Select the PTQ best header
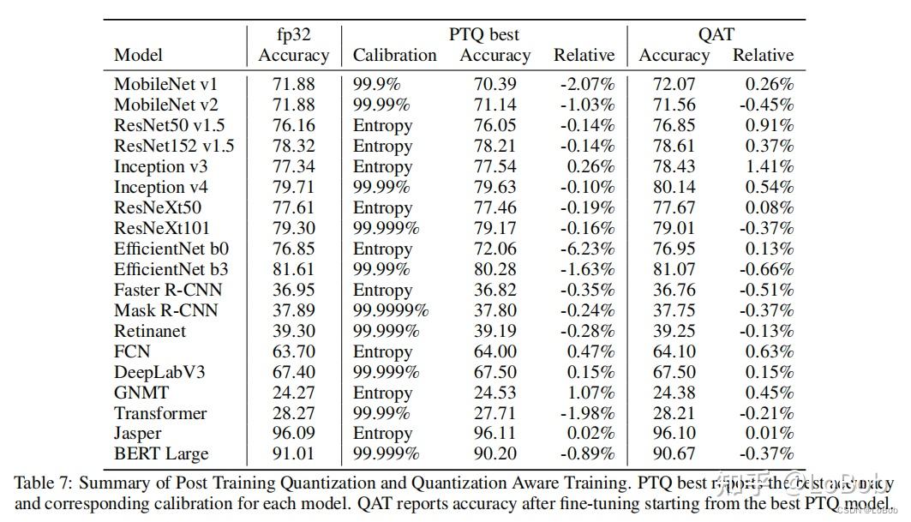point(484,34)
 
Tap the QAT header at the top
point(716,34)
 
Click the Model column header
point(138,56)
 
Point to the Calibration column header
point(394,56)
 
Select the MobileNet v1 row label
point(166,84)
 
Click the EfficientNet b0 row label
point(171,249)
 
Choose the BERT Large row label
point(161,454)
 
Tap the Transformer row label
point(161,413)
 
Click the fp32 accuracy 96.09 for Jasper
point(293,434)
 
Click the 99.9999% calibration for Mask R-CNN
point(391,310)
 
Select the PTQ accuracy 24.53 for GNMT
point(494,393)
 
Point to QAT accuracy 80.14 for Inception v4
point(674,187)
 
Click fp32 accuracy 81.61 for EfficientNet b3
point(293,269)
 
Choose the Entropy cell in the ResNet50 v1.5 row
point(382,125)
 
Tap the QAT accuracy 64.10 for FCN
point(674,351)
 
